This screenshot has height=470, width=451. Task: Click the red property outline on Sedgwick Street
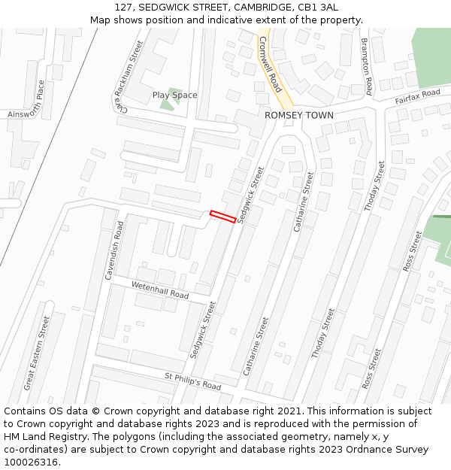point(223,217)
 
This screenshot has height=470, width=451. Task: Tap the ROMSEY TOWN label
point(298,116)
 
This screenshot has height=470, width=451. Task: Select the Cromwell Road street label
point(270,62)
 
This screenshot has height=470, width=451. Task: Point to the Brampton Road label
point(367,67)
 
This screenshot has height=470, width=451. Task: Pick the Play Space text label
point(174,96)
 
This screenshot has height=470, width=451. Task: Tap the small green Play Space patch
point(167,104)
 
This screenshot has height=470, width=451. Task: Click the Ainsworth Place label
point(29,102)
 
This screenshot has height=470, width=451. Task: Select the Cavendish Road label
point(114,250)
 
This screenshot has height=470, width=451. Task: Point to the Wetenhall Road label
point(159,290)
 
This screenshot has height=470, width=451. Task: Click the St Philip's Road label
point(192,381)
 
